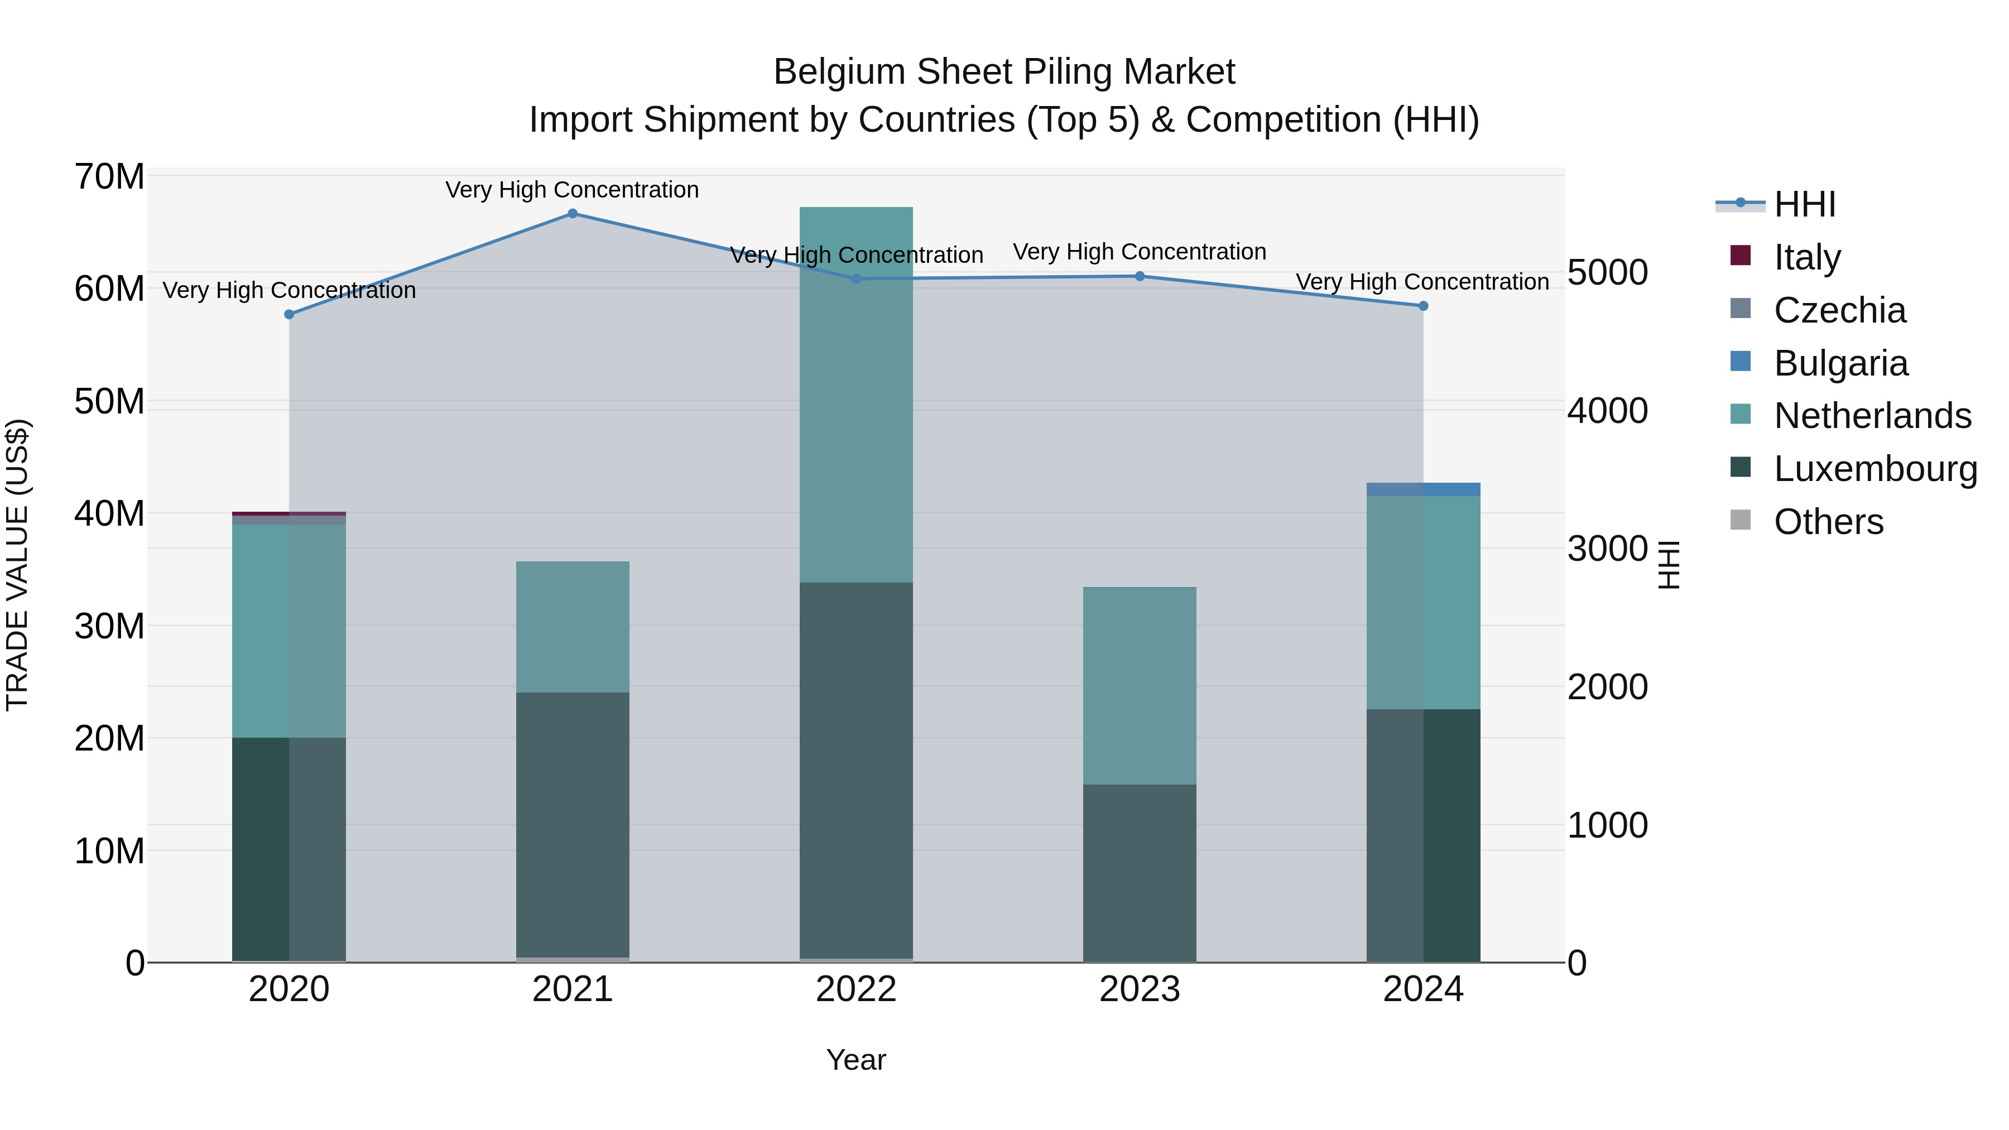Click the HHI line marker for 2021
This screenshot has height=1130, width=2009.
click(573, 214)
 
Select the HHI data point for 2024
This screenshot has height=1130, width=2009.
click(1422, 306)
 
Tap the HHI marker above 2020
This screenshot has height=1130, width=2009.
click(289, 314)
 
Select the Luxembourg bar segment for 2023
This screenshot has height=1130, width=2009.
click(1140, 873)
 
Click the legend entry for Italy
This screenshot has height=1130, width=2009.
click(1806, 257)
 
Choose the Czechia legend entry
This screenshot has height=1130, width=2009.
click(1839, 310)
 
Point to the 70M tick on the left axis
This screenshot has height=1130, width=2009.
click(109, 176)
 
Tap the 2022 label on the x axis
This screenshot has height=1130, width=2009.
click(855, 989)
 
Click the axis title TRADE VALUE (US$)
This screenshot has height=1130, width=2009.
click(17, 565)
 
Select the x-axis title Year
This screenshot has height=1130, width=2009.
click(855, 1060)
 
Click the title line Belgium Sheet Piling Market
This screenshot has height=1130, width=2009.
click(1004, 72)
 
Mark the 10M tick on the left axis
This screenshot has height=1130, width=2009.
click(109, 851)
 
